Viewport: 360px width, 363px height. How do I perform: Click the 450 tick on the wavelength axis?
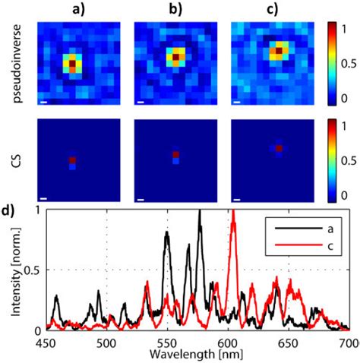46,341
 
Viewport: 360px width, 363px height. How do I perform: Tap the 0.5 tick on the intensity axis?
35,270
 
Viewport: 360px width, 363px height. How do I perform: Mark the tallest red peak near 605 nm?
233,213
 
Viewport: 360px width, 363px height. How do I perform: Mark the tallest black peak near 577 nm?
199,213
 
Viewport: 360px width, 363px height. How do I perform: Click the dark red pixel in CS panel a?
73,160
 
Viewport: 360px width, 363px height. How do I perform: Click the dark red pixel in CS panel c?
279,148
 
